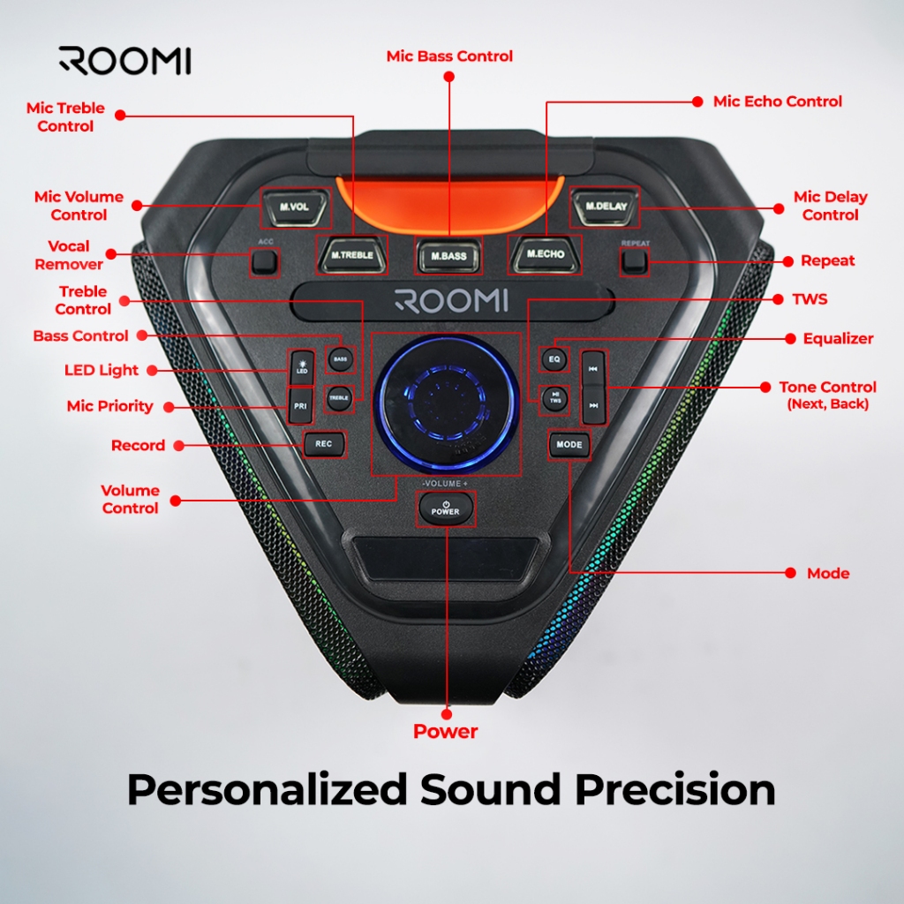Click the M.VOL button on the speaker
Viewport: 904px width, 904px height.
(x=295, y=207)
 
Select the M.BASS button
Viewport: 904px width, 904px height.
(x=448, y=255)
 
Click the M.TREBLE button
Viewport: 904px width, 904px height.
(x=352, y=254)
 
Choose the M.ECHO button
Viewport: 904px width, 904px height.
(x=545, y=254)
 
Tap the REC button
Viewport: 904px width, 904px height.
(x=324, y=444)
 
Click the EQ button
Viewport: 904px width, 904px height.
(x=555, y=358)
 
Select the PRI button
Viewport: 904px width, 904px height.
(x=300, y=406)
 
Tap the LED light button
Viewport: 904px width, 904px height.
(x=301, y=367)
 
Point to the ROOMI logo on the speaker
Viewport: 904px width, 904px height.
(x=451, y=300)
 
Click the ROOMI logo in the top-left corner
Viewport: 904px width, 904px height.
(x=124, y=60)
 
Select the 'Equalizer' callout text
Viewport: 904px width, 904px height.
(x=838, y=338)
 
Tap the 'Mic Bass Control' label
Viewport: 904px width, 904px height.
(x=449, y=56)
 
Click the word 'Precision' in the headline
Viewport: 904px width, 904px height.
(x=675, y=789)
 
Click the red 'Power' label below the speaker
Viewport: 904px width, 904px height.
(x=446, y=731)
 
